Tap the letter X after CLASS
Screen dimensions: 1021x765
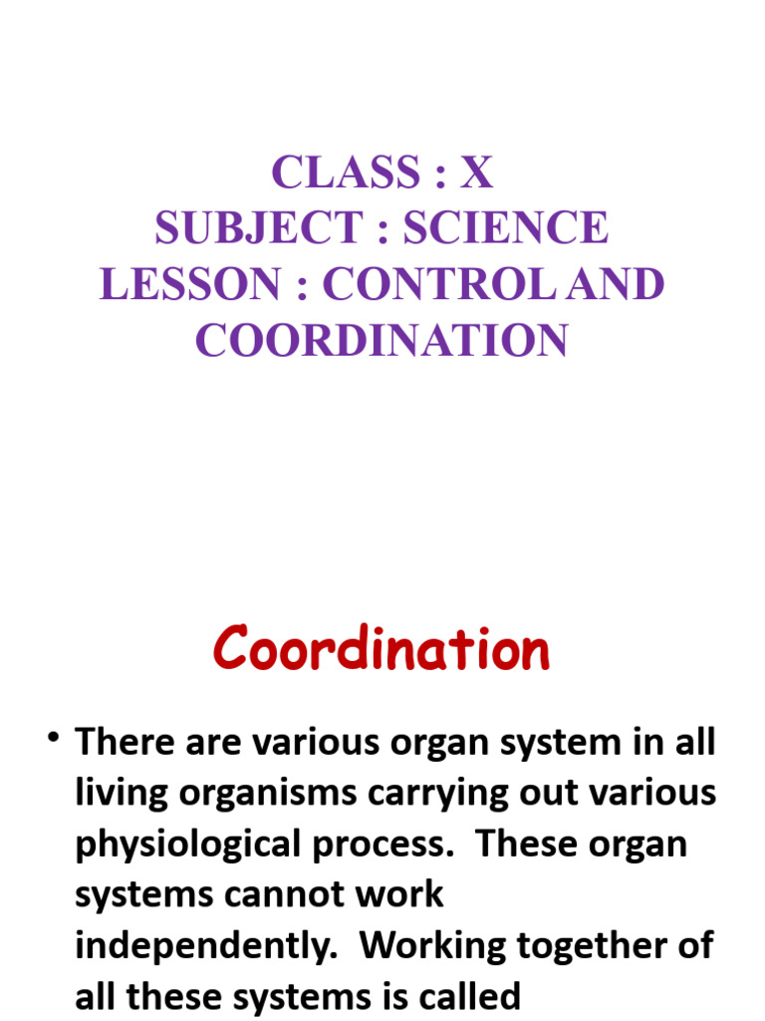pos(476,173)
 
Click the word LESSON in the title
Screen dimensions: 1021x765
pos(189,285)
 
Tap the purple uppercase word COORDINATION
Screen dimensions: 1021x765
pos(382,341)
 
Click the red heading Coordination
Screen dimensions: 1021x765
pos(382,650)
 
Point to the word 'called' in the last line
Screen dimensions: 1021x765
pos(455,996)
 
